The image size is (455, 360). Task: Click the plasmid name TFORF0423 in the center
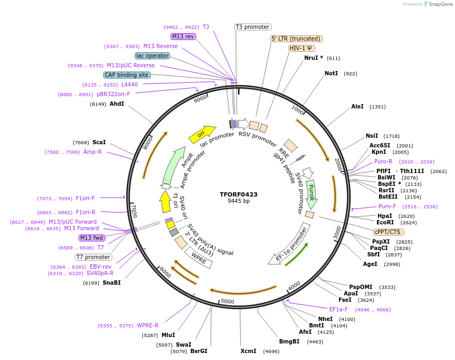[x=238, y=194]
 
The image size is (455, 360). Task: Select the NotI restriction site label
[x=331, y=73]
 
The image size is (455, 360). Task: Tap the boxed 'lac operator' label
[x=152, y=56]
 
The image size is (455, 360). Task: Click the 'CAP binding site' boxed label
[x=127, y=75]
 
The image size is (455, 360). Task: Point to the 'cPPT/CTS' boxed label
[x=389, y=232]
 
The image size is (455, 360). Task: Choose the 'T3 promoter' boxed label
[x=253, y=27]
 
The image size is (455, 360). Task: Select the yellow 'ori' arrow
[x=202, y=134]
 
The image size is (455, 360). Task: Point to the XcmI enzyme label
[x=248, y=351]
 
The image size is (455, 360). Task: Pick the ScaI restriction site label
[x=99, y=143]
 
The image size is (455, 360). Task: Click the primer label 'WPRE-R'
[x=148, y=326]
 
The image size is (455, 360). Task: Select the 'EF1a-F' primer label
[x=338, y=309]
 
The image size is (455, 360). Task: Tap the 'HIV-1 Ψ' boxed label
[x=302, y=48]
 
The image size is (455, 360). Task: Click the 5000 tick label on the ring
[x=227, y=302]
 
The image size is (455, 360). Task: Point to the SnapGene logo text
[x=438, y=4]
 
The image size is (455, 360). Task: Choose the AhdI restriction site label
[x=117, y=104]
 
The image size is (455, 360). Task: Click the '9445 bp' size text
[x=238, y=201]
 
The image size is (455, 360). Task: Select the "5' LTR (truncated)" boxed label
[x=296, y=38]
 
